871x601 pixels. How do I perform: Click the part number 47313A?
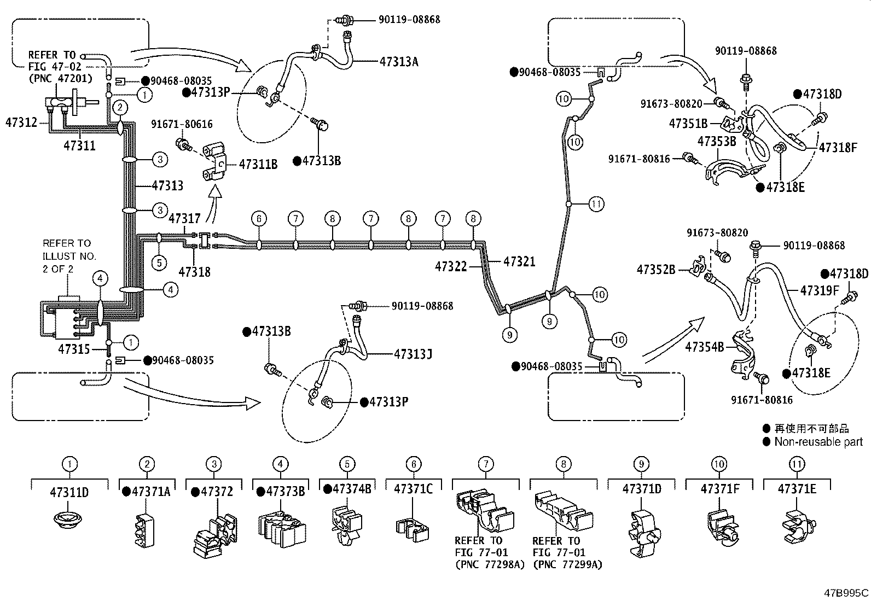tap(399, 62)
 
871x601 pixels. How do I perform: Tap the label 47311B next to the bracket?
tap(258, 165)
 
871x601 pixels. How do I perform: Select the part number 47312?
tap(21, 122)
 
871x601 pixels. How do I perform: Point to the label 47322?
tap(451, 267)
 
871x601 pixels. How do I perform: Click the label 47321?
tap(520, 261)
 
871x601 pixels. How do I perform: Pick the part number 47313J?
tap(413, 354)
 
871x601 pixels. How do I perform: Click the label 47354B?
tap(705, 347)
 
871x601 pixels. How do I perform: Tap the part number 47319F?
tap(820, 290)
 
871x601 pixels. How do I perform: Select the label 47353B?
tap(717, 141)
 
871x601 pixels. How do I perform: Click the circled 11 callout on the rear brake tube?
tap(596, 203)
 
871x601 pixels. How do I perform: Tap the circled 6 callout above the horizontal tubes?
tap(259, 219)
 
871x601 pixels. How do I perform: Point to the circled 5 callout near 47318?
tap(159, 263)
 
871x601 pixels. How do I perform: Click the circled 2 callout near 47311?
tap(120, 107)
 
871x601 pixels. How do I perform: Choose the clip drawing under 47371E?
tap(799, 527)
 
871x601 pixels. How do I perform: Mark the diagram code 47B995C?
tap(846, 593)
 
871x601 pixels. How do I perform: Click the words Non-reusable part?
tap(818, 442)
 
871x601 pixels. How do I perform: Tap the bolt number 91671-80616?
tap(182, 124)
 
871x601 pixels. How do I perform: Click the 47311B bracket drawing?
tap(214, 162)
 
